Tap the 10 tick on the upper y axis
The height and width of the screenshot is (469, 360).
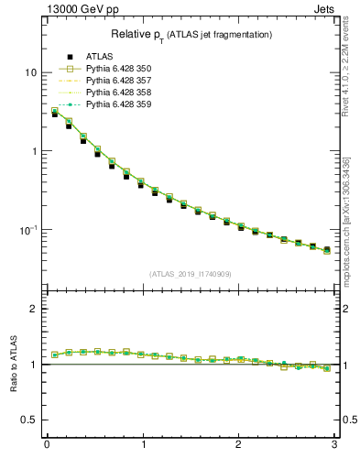[x=31, y=72]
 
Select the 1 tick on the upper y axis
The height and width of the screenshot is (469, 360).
[x=34, y=151]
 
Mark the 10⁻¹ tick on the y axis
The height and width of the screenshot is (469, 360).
[x=29, y=229]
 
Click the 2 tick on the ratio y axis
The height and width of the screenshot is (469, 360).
[x=34, y=310]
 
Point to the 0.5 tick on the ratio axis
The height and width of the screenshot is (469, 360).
[x=30, y=420]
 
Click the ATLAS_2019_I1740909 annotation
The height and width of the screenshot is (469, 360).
[x=191, y=273]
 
